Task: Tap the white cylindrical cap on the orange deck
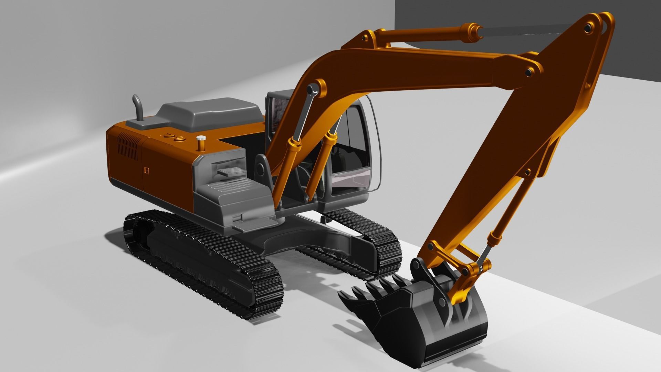click(x=201, y=139)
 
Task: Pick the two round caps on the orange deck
click(x=174, y=137)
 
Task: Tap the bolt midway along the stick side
click(x=527, y=172)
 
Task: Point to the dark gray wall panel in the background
click(x=516, y=14)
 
